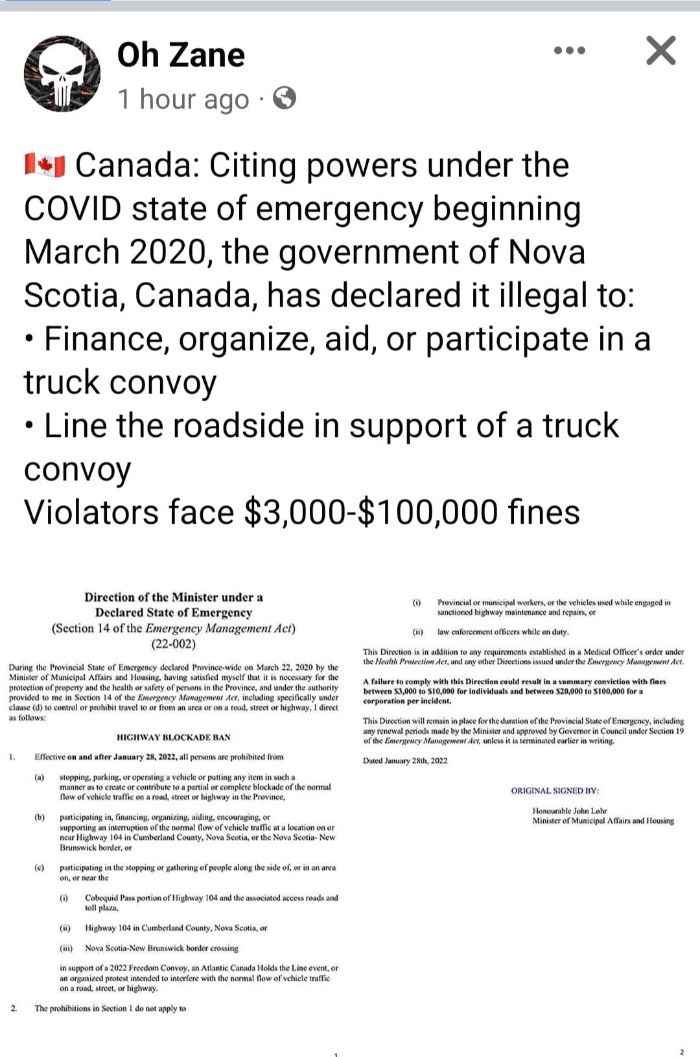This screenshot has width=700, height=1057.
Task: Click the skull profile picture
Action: pos(62,74)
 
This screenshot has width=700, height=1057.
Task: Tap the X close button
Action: pos(660,51)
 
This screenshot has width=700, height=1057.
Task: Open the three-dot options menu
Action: pos(570,51)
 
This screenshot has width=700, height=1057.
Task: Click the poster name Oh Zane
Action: pos(181,54)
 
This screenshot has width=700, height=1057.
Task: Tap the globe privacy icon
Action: pos(285,99)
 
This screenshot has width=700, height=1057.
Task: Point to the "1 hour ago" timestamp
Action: pos(183,99)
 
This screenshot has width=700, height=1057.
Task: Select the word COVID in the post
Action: pos(73,209)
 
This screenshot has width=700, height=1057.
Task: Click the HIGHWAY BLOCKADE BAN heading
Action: pos(173,738)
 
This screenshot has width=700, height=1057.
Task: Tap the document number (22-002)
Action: pos(173,644)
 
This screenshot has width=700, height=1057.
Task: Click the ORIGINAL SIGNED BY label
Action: pos(555,791)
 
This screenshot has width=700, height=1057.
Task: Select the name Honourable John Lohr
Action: pos(569,811)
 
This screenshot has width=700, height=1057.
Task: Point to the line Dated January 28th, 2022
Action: pos(405,761)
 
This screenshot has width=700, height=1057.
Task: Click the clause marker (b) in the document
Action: pos(40,817)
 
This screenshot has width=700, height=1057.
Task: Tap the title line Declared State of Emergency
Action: pos(173,612)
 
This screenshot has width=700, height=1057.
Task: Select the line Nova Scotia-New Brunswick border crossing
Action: pos(161,948)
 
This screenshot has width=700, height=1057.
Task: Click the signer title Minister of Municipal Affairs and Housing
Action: pos(603,820)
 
